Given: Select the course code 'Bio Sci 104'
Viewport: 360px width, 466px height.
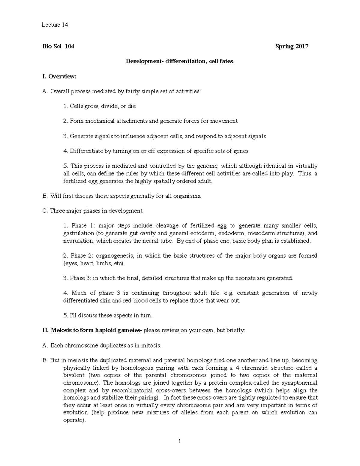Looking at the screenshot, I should click(x=58, y=47).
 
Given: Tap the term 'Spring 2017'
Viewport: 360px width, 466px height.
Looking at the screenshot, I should click(x=292, y=47).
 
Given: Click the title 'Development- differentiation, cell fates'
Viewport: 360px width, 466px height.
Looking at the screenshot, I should click(x=179, y=62).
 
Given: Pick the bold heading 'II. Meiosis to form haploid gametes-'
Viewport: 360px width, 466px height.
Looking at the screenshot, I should click(x=93, y=331).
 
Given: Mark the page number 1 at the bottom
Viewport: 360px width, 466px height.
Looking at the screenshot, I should click(x=180, y=441).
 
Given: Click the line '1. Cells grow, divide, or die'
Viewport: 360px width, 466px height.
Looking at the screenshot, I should click(x=100, y=106).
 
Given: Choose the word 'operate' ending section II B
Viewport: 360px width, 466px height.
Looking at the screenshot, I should click(x=73, y=420).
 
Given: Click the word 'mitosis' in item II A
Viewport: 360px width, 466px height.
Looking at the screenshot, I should click(x=151, y=346).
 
